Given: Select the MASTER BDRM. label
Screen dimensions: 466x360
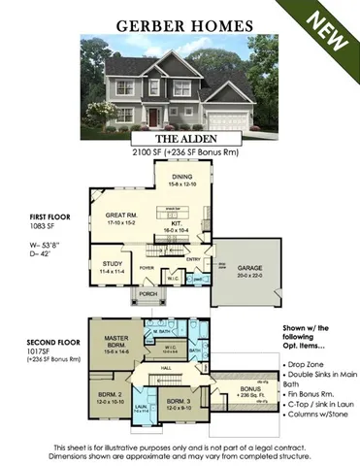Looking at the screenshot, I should pyautogui.click(x=115, y=341).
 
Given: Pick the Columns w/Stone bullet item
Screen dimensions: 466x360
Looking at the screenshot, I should pyautogui.click(x=314, y=425).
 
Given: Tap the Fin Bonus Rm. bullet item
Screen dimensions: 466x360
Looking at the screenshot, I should pyautogui.click(x=312, y=400).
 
